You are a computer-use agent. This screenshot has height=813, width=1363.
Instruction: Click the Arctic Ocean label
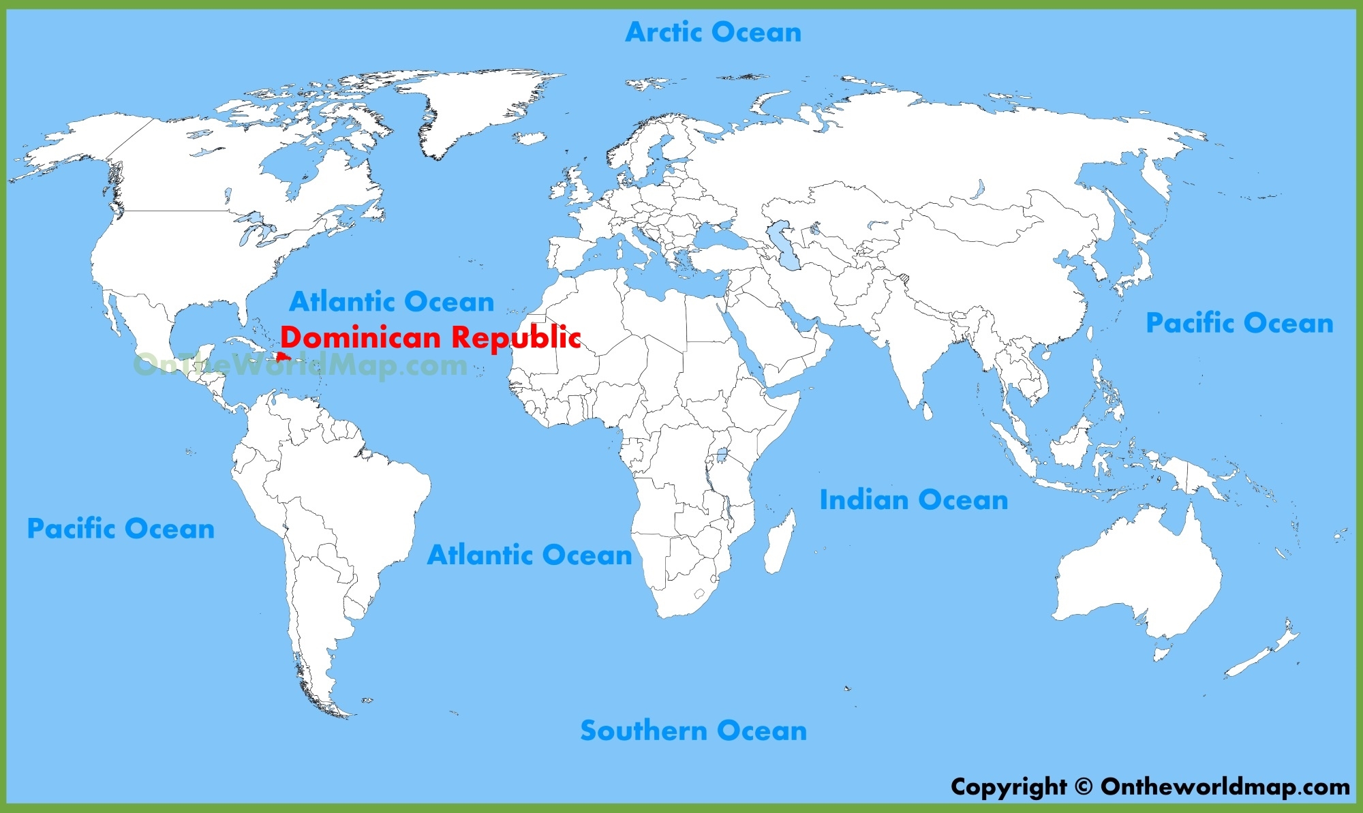[713, 32]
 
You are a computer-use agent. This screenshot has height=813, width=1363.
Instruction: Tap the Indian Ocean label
[913, 500]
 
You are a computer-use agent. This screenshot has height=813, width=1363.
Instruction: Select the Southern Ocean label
[693, 730]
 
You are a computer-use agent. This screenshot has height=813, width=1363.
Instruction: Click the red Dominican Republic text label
[430, 337]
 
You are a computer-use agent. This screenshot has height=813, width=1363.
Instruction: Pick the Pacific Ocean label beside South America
[121, 528]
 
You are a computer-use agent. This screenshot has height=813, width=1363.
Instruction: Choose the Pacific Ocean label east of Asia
[1239, 322]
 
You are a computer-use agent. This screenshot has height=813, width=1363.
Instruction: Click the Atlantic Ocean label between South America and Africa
[530, 555]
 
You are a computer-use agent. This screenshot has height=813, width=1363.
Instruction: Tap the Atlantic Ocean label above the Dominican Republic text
[391, 301]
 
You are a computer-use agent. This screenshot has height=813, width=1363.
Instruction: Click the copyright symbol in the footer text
[1084, 786]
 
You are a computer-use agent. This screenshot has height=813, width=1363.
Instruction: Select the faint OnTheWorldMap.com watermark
[300, 365]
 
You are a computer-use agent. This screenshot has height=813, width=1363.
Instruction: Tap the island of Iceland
[530, 138]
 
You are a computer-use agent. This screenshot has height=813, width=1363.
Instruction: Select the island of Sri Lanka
[927, 411]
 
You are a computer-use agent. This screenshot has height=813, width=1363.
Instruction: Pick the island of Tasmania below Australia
[1163, 654]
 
